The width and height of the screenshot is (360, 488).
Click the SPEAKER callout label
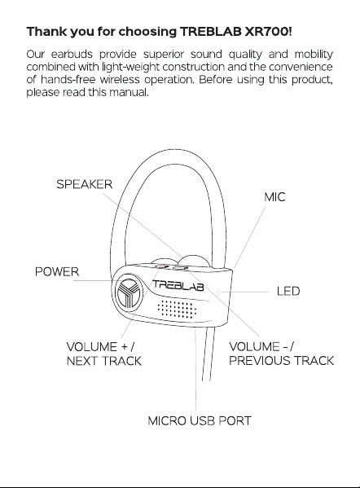(x=84, y=184)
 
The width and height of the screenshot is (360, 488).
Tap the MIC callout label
(x=274, y=197)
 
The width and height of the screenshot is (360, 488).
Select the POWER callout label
(x=57, y=271)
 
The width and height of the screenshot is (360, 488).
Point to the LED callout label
(x=288, y=292)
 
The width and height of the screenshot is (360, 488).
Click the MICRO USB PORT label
(x=200, y=420)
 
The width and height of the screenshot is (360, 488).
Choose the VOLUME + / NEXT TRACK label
(x=104, y=354)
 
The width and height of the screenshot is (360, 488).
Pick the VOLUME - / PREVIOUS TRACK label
(x=281, y=354)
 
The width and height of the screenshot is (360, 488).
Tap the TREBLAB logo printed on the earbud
(x=178, y=285)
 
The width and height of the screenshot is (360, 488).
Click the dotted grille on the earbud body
(x=177, y=309)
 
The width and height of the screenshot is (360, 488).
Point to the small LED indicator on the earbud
(x=218, y=292)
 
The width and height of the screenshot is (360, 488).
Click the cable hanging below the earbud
(x=208, y=354)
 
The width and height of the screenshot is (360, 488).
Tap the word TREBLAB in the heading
(x=211, y=32)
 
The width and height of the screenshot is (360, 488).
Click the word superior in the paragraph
(x=164, y=55)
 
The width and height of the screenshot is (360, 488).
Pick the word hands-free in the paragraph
(x=68, y=80)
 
